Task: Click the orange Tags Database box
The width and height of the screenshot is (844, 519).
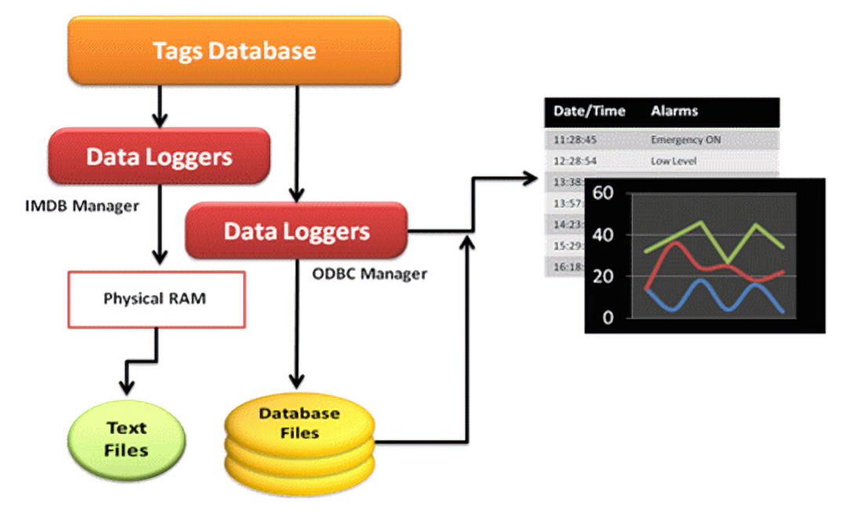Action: click(x=234, y=51)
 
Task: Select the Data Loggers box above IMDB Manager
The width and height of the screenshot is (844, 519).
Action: click(x=159, y=157)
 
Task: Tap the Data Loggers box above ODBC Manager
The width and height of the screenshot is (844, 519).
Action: click(x=296, y=231)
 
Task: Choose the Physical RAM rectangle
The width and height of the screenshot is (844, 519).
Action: click(x=157, y=299)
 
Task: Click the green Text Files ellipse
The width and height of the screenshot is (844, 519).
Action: click(x=126, y=438)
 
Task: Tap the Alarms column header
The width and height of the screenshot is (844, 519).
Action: click(x=674, y=111)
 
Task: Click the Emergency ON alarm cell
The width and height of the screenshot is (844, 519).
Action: click(x=686, y=140)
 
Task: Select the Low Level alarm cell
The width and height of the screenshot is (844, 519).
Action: click(x=673, y=161)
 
